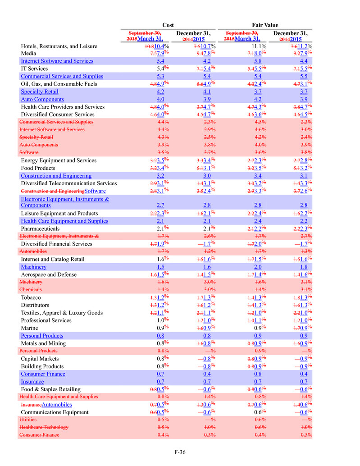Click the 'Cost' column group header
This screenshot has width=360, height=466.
tap(168, 25)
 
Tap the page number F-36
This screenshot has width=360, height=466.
tap(180, 452)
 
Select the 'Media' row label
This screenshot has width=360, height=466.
tap(29, 54)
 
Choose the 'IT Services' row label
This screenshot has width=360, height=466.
tap(35, 69)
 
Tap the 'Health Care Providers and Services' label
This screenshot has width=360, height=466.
tap(63, 107)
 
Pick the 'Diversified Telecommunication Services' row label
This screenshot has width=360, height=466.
tap(69, 183)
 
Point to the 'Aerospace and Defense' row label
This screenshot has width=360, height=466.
tap(49, 275)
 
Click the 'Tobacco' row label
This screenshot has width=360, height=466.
tap(31, 298)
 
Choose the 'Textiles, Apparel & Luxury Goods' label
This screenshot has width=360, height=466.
tap(62, 313)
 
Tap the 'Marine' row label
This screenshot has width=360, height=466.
tap(30, 328)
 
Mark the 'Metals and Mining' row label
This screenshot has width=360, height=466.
tap(44, 343)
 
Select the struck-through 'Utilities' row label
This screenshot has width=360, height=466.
tap(28, 420)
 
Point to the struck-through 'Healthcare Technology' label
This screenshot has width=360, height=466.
tap(44, 427)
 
